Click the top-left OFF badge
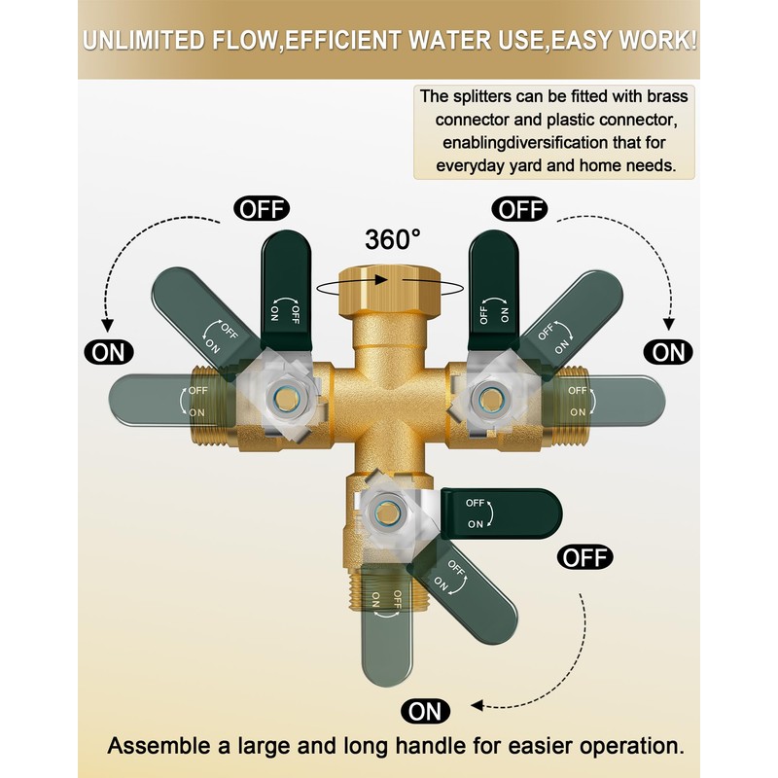tap(262, 209)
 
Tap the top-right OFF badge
tap(519, 209)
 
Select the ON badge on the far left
tap(109, 352)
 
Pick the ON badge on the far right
tap(668, 352)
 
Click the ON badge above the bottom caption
tap(425, 711)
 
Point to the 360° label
tap(393, 239)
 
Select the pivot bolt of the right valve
tap(489, 398)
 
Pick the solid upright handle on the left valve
tap(286, 290)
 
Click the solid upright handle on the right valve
tap(494, 290)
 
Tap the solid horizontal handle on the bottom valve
tap(501, 513)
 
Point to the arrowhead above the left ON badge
tap(107, 326)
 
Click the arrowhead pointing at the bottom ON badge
tap(477, 705)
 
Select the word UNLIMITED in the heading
tap(144, 41)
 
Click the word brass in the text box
tap(667, 96)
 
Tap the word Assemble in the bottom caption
tap(159, 746)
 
